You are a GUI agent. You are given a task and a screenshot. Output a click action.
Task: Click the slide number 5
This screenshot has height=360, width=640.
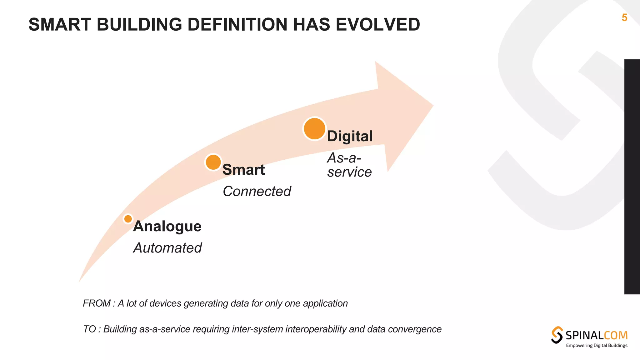point(624,18)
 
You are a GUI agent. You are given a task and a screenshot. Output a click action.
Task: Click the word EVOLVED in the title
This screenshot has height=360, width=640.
point(378,25)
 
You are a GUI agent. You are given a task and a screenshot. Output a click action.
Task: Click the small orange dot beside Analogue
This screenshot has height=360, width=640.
point(128,219)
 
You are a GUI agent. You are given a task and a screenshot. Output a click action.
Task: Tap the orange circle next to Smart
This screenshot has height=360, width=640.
point(213,162)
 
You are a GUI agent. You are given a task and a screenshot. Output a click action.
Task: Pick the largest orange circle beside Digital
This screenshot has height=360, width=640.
point(314,129)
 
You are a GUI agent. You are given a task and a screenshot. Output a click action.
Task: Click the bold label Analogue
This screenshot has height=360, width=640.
point(167,226)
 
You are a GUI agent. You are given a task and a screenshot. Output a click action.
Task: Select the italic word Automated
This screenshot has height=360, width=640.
point(167,248)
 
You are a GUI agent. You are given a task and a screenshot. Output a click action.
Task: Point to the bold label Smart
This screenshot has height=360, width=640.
point(243,170)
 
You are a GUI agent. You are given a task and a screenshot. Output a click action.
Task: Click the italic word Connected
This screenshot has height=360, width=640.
point(257,191)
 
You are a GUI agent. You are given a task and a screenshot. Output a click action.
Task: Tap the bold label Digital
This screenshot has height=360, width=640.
point(350,136)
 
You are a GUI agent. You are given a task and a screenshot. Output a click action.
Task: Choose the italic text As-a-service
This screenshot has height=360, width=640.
point(349,165)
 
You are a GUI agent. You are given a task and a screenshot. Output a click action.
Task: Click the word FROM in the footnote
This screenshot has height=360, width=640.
point(97,303)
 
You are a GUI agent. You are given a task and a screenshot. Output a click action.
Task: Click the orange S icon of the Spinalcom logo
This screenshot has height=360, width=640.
point(557,335)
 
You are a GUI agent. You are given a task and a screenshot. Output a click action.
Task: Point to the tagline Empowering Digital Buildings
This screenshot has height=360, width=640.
point(597,345)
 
